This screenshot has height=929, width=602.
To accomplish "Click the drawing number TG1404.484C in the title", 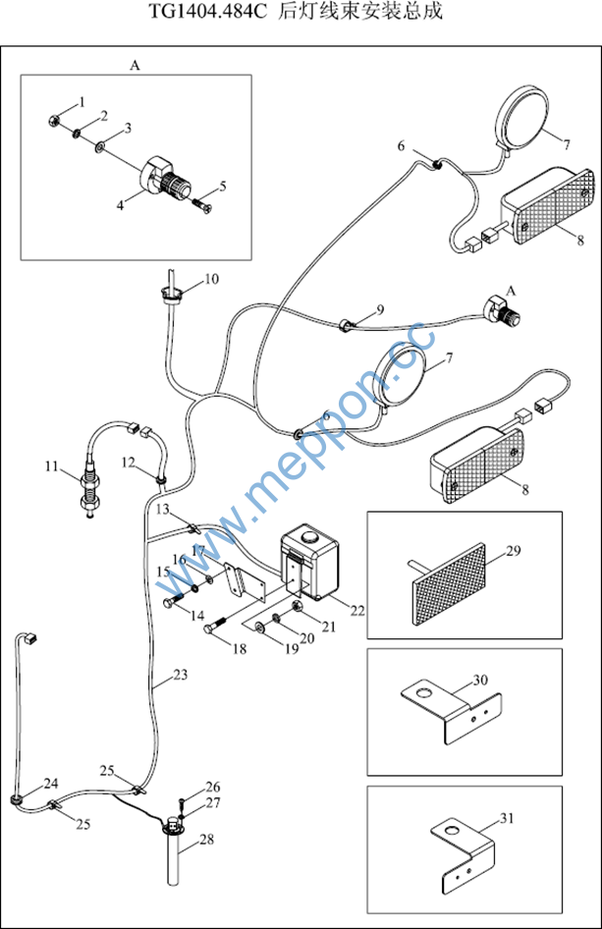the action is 208,12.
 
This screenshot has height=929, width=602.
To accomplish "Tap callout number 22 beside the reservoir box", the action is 357,610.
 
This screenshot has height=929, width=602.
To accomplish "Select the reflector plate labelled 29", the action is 449,584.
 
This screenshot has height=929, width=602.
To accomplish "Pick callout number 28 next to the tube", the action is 206,839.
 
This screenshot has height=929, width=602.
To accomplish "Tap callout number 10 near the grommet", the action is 211,279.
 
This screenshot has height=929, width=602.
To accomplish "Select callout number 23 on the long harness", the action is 180,675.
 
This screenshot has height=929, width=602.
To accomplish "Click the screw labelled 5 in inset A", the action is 201,205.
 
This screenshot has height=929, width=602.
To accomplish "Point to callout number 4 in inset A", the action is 120,205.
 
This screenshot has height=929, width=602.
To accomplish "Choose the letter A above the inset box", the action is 135,65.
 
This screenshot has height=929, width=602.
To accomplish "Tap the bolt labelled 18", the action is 215,626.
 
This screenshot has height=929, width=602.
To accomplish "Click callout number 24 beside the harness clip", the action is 51,784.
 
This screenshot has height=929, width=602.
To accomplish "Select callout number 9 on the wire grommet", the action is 380,309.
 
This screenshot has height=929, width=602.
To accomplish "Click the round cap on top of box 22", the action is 309,537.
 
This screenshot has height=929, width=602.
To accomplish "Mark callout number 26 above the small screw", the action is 213,787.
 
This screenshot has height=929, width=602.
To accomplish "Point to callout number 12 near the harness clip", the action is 129,463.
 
